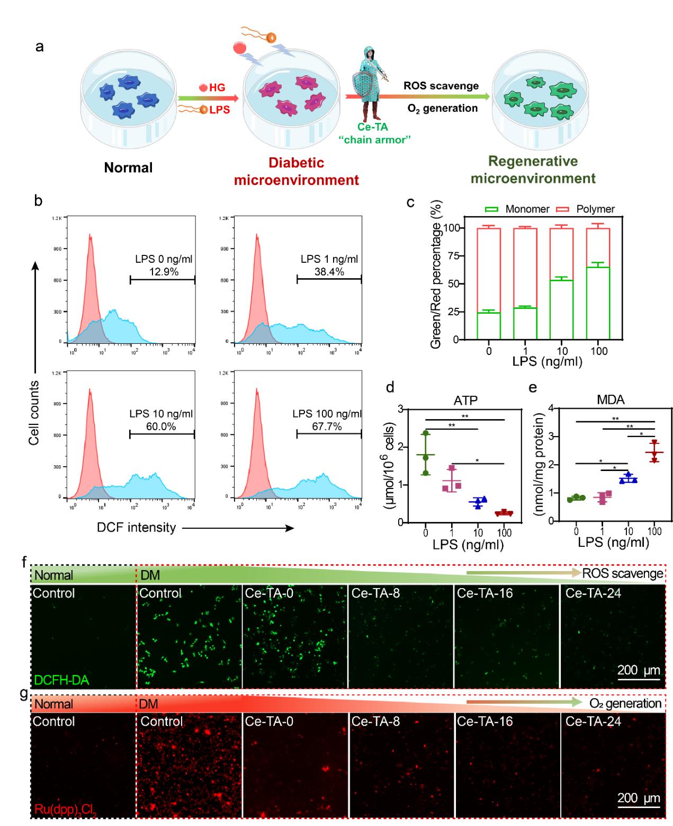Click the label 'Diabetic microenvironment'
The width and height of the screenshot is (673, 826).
(297, 171)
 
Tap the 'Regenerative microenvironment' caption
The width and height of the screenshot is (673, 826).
(533, 170)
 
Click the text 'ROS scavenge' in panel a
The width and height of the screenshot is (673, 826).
(441, 86)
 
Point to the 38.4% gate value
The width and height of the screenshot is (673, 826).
(329, 272)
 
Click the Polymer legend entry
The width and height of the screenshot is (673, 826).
(585, 209)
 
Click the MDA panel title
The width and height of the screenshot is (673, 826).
(611, 400)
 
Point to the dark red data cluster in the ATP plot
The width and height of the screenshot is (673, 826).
(504, 513)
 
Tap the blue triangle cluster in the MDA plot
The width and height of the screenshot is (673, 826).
(629, 478)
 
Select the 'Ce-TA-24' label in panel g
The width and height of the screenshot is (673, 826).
(593, 721)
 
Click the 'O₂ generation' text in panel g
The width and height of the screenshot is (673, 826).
(625, 704)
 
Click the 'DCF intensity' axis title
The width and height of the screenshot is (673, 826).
(137, 527)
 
